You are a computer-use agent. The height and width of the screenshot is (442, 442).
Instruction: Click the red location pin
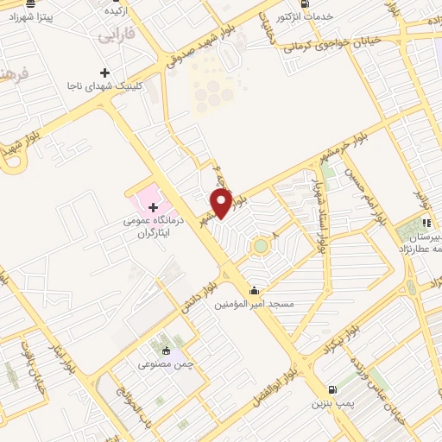(x=221, y=203)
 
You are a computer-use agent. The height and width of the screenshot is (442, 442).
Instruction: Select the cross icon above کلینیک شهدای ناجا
(x=105, y=73)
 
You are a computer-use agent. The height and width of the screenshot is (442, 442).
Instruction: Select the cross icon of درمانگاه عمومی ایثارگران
(x=153, y=207)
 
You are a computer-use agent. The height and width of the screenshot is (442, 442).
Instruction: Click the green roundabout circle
(x=260, y=248)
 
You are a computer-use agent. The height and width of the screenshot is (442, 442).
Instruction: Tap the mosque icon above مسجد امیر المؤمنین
(x=254, y=291)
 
